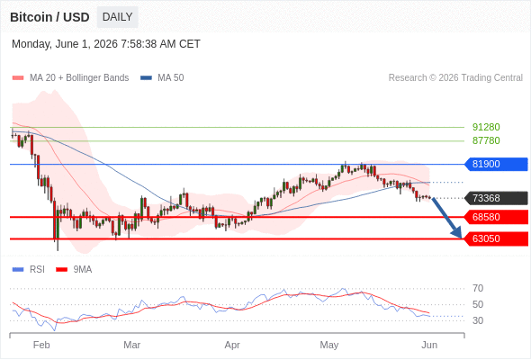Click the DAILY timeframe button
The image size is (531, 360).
(117, 17)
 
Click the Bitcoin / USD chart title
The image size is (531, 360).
(49, 17)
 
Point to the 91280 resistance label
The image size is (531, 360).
(486, 127)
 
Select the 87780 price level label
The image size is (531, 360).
(486, 140)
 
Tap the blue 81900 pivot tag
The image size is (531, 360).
(496, 164)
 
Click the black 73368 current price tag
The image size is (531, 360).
(496, 198)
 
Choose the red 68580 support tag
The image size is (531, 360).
(496, 217)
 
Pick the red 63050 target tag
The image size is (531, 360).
(496, 238)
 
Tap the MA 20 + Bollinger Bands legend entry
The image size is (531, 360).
(70, 78)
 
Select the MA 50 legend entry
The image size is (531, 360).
(162, 78)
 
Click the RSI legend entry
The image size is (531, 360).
(29, 269)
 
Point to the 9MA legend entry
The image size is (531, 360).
(74, 269)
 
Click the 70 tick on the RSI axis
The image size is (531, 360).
(478, 288)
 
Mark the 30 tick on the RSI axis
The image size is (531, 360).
(478, 320)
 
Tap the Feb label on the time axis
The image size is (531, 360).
(41, 345)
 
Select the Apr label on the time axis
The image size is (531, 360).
(232, 345)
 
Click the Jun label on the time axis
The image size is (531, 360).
(429, 345)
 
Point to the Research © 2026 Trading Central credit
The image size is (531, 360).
(455, 78)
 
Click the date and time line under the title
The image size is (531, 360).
(106, 44)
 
